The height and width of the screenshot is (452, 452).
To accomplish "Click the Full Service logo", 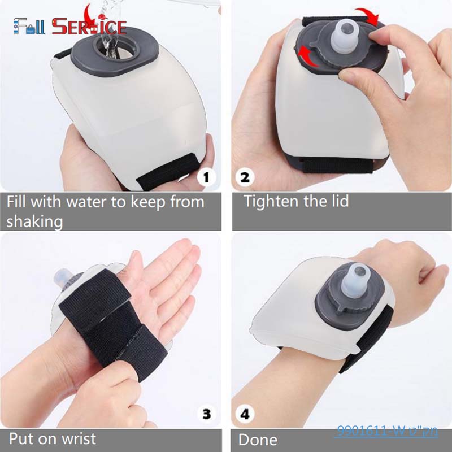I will (x=69, y=25).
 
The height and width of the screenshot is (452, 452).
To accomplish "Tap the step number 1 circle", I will (x=206, y=177).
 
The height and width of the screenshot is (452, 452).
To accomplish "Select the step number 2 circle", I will (x=245, y=177).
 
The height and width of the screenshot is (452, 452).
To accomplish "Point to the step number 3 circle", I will (x=206, y=414).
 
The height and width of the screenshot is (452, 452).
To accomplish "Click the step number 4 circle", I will (x=245, y=414).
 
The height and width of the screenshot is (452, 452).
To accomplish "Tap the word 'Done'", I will (x=258, y=440).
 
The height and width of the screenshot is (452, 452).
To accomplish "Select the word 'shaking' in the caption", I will (x=34, y=221).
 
